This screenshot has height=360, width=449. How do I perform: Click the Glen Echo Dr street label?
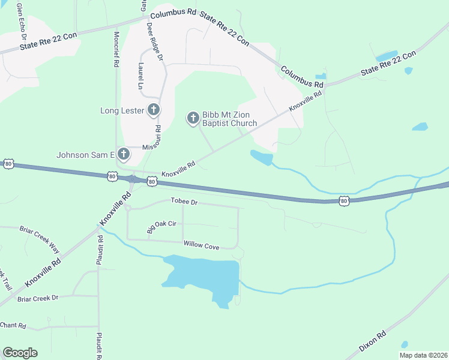21,17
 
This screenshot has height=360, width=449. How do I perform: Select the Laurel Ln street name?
140,76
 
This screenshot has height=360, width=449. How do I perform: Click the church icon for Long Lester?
154,109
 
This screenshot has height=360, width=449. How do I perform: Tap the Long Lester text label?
122,110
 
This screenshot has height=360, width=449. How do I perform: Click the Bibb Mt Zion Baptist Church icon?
193,118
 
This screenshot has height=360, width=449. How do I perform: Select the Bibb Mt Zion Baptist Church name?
229,119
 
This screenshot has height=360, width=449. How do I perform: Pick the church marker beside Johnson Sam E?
123,154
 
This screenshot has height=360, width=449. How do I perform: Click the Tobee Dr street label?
184,202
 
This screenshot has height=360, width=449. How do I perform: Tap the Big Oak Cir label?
161,226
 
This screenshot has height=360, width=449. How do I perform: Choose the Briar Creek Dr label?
38,298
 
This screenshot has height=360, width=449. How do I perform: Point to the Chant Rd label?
13,325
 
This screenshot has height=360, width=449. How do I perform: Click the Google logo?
20,353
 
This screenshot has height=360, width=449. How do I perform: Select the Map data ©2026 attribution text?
423,355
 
